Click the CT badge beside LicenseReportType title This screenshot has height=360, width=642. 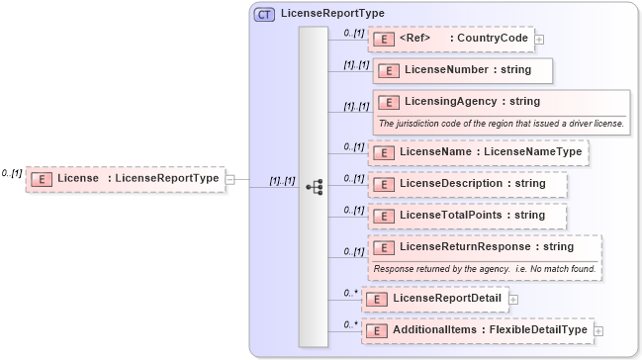[x=265, y=14]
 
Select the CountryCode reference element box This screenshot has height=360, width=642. [x=450, y=39]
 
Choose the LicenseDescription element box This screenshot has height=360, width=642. [x=469, y=184]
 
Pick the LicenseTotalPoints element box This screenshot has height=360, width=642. [x=469, y=216]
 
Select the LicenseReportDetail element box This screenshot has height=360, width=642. [x=435, y=298]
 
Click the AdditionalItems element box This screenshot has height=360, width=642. [x=478, y=329]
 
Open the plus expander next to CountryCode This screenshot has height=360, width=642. [x=539, y=40]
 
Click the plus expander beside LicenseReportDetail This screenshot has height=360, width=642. [x=513, y=299]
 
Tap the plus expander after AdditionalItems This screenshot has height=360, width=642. [x=598, y=330]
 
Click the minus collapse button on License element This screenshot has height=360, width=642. [x=229, y=179]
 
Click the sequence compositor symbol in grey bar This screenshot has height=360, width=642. [x=314, y=185]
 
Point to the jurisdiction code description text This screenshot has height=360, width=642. [x=501, y=124]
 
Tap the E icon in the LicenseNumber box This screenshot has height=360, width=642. [x=389, y=70]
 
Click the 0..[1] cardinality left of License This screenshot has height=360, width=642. [x=12, y=173]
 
